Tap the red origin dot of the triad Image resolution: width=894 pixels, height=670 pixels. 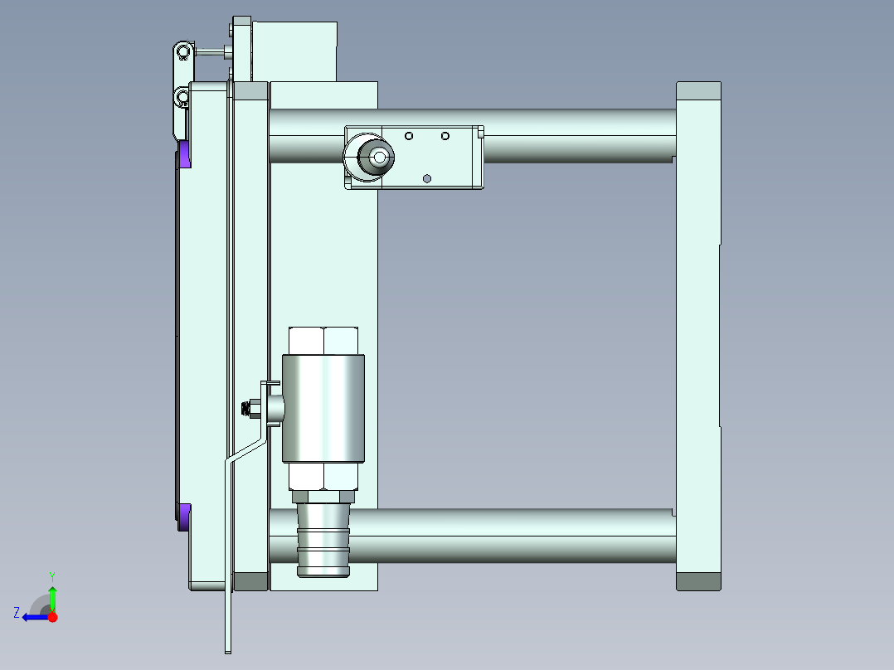53,617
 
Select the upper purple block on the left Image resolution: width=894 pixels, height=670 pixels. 184,154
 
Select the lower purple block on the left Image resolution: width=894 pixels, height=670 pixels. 184,517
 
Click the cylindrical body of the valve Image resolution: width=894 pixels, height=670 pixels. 323,408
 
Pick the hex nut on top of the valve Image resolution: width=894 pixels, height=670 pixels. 323,341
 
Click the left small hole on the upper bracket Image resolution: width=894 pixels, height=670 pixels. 408,135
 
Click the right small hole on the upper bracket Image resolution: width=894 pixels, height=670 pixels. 445,135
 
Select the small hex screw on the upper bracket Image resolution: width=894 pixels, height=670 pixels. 426,177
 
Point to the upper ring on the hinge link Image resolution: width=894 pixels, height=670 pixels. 182,53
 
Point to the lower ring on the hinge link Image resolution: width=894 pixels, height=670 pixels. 182,99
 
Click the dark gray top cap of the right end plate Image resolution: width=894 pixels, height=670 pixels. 698,90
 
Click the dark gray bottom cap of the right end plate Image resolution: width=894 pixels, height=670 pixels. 698,581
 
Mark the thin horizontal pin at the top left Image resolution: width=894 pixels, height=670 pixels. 211,52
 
